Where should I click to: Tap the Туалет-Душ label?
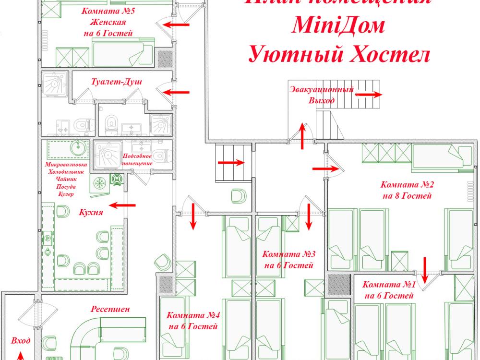click(116, 82)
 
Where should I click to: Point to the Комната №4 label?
click(193, 316)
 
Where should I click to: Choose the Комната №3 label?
click(288, 254)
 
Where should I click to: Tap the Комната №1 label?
click(388, 285)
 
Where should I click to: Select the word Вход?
click(21, 341)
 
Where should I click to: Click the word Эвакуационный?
click(322, 89)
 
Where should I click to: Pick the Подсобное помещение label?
click(137, 160)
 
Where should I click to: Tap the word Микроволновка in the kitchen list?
click(66, 164)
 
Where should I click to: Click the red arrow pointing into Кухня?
click(121, 205)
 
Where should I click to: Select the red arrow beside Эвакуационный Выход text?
click(369, 95)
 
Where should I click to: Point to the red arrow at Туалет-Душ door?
click(178, 91)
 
